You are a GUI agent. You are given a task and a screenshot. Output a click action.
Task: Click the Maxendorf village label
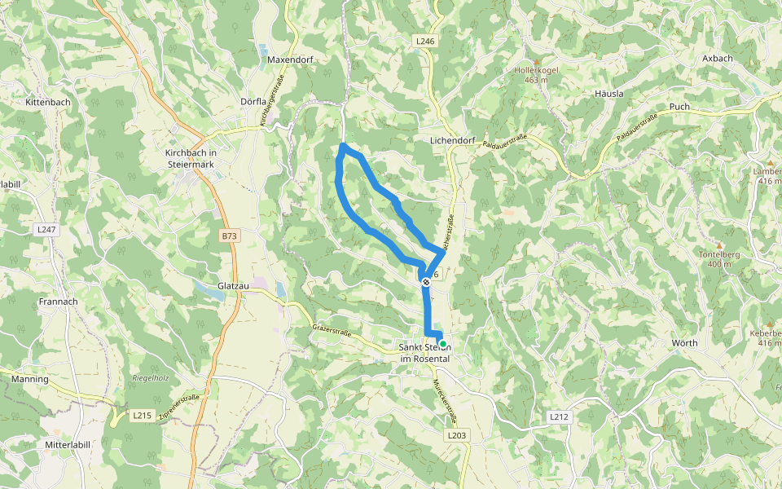[x=291, y=59]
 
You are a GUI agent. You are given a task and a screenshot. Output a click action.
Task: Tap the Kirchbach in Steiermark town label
[x=191, y=158]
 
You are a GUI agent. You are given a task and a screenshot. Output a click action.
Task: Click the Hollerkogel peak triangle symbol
[x=537, y=62]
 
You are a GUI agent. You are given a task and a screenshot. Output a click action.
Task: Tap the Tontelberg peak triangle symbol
[x=719, y=244]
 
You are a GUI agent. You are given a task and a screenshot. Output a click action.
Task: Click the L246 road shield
[x=424, y=40]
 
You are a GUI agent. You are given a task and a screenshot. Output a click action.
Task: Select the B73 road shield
[x=230, y=236]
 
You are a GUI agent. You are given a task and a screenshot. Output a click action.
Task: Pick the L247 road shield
[x=46, y=230]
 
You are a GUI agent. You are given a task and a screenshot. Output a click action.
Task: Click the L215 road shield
[x=142, y=416]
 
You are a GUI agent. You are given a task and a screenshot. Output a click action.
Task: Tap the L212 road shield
[x=558, y=416]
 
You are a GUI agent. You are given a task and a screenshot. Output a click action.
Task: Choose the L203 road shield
[x=457, y=436]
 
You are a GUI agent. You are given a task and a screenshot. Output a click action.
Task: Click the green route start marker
[x=442, y=344]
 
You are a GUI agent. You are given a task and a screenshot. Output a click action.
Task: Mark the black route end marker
[x=426, y=282]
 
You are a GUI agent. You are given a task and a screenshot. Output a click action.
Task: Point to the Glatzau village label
[x=232, y=287]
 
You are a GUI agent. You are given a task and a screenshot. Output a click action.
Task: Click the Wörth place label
[x=684, y=343]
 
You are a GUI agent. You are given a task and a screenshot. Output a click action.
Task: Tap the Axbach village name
[x=718, y=59]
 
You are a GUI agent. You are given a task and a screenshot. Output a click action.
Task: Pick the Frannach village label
[x=57, y=302]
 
